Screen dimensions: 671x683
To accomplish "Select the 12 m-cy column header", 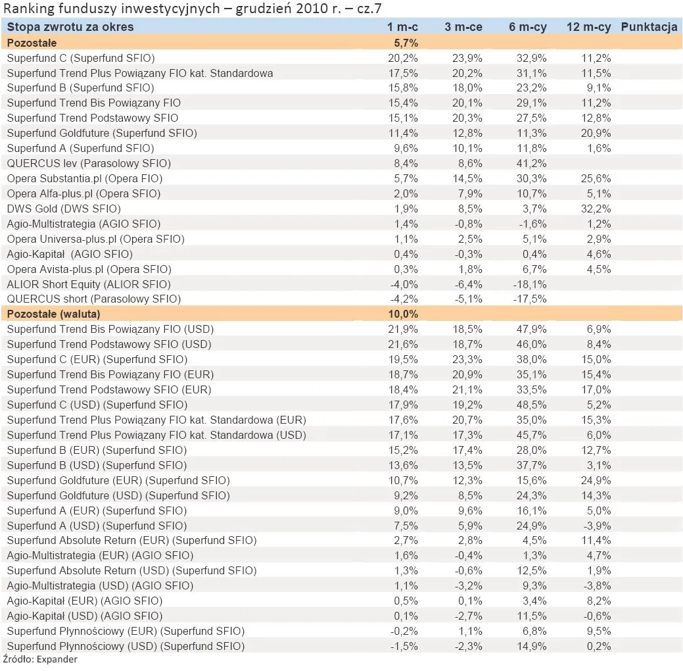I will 588,27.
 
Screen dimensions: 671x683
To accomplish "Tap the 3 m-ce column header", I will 463,27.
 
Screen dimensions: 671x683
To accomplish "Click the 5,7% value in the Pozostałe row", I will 405,43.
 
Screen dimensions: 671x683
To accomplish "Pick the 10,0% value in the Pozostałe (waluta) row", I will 404,314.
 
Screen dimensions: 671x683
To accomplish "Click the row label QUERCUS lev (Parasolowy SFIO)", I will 89,163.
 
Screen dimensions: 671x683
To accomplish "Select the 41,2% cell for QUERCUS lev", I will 532,163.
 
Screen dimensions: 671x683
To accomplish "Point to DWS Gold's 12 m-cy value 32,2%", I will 596,209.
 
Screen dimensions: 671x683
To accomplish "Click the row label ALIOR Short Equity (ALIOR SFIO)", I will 89,284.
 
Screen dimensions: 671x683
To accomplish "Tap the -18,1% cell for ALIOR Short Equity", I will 530,284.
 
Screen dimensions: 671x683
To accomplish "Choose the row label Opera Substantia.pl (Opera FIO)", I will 85,178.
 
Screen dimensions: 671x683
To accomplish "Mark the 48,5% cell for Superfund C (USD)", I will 532,405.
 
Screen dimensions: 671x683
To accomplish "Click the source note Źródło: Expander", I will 40,660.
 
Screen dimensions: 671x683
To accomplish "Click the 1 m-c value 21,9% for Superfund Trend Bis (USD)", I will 404,329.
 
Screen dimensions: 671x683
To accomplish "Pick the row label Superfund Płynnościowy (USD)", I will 126,646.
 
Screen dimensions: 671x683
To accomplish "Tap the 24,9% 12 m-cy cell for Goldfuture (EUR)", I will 596,480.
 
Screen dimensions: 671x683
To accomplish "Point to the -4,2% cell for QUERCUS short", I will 404,299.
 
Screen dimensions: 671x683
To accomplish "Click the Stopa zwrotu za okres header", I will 70,27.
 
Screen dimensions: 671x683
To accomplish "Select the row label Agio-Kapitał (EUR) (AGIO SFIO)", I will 85,601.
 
